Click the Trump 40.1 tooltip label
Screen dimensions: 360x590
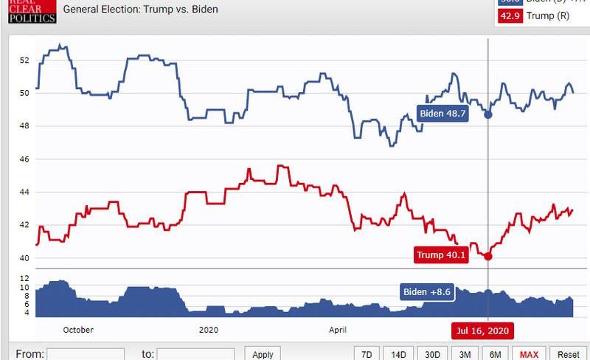(441, 255)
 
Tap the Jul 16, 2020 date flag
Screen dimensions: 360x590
(483, 330)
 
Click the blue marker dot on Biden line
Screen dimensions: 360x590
(488, 114)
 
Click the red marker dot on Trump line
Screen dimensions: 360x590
(488, 256)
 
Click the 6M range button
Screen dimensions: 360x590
(496, 354)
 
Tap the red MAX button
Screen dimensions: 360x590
(529, 354)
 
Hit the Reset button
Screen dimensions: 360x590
(568, 354)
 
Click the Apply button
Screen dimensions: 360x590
(263, 354)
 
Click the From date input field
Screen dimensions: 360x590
(86, 354)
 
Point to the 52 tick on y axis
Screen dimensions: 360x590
(24, 60)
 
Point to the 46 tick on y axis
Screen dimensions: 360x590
(24, 159)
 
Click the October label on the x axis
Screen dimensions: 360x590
(78, 330)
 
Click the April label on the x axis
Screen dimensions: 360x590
(338, 330)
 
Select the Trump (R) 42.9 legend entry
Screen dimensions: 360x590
(541, 17)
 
